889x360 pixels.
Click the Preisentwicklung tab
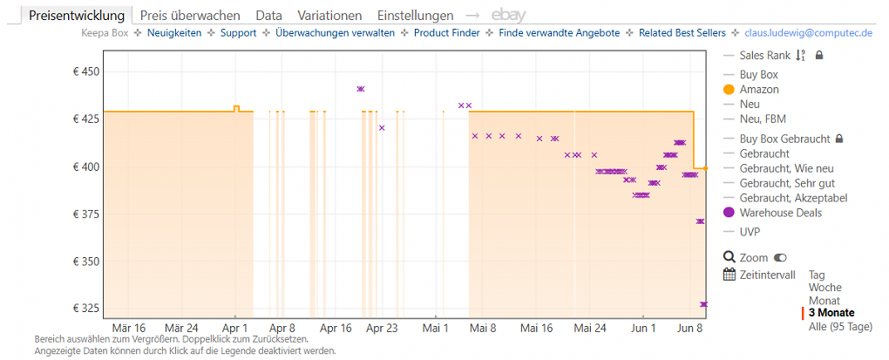point(77,16)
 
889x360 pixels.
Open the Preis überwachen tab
point(190,16)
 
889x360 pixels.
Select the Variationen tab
point(329,16)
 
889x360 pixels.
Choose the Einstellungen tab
point(415,16)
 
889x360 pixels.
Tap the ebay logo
point(509,16)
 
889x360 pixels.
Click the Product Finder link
point(447,33)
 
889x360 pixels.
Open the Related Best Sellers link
point(682,33)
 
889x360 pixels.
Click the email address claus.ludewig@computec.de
point(808,33)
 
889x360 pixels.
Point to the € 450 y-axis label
point(85,72)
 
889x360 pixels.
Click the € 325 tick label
point(85,309)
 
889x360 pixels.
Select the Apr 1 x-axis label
point(235,328)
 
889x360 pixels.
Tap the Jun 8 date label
point(690,328)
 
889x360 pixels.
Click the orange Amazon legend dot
point(730,90)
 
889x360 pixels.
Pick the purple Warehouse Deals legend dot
point(730,214)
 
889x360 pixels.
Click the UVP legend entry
point(750,231)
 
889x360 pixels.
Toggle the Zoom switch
point(780,258)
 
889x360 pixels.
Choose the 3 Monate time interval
point(831,313)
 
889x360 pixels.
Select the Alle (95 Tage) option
point(840,327)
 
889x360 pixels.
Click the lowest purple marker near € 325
point(703,304)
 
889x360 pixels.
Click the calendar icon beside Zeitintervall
point(730,275)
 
